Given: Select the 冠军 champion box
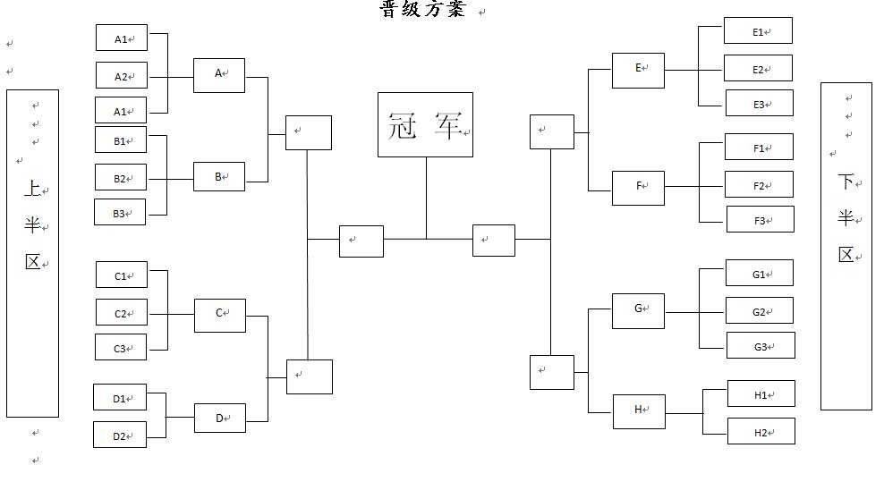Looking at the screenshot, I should (x=425, y=124).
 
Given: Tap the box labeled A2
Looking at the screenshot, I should (x=121, y=76).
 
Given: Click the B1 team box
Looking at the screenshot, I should (x=120, y=140).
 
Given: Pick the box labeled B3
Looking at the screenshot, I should (x=120, y=213).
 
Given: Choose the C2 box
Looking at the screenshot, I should (x=121, y=313).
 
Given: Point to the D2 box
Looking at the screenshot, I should (x=120, y=435).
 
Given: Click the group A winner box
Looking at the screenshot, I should (x=218, y=75).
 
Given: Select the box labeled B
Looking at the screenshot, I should (x=218, y=177).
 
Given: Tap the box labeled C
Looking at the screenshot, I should (x=219, y=314).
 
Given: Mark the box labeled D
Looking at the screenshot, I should (x=219, y=418).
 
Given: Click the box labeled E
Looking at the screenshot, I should (x=638, y=69).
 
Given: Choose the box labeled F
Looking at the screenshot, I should (x=638, y=187).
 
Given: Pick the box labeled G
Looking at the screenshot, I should (x=638, y=309).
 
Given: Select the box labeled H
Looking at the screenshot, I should (x=638, y=410).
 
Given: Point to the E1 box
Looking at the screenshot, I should (x=758, y=31).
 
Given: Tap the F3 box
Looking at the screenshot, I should (x=760, y=220).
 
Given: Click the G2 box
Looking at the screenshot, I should (x=759, y=311).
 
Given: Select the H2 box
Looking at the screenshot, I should (x=761, y=432).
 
